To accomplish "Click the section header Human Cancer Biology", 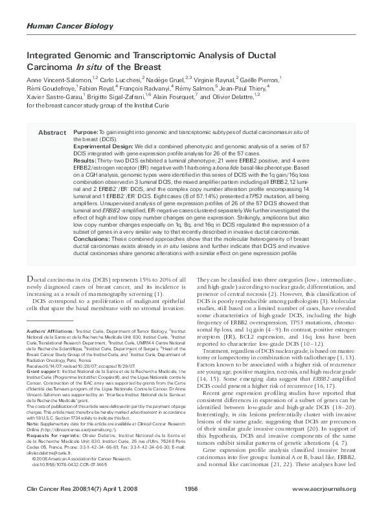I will pos(61,25).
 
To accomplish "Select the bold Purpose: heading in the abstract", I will pos(87,131).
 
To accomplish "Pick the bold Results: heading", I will pos(86,159).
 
